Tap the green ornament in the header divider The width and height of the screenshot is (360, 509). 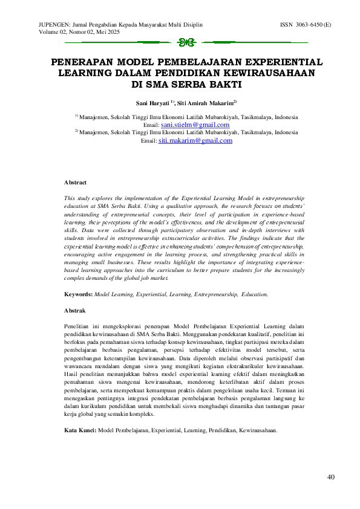pyautogui.click(x=186, y=42)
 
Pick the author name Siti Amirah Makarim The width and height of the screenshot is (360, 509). pyautogui.click(x=205, y=103)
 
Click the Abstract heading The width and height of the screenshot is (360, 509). pyautogui.click(x=76, y=182)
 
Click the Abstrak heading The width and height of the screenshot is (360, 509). pyautogui.click(x=75, y=310)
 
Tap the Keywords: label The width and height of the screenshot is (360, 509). pyautogui.click(x=79, y=294)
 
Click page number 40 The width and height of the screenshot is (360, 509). pyautogui.click(x=330, y=478)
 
